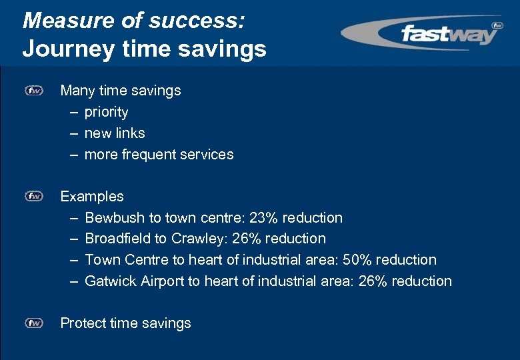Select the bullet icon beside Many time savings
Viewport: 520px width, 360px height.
34,90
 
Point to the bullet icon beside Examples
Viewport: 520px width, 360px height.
34,196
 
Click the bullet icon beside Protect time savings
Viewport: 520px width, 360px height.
34,323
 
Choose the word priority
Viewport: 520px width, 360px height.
106,112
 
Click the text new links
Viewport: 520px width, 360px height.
115,133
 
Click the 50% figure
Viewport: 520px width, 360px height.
357,260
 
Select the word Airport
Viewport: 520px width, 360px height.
162,281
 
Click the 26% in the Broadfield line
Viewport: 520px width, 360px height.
247,239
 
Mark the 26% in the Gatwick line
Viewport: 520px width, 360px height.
373,281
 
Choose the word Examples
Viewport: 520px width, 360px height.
92,197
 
